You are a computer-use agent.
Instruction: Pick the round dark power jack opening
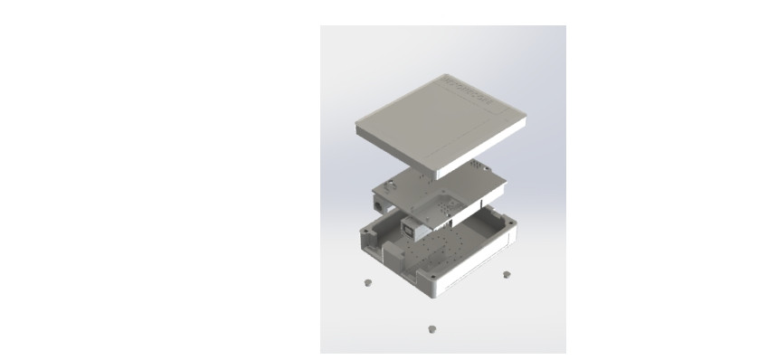coord(377,205)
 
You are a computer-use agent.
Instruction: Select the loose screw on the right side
coord(507,273)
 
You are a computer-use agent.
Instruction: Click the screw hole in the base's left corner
coord(365,232)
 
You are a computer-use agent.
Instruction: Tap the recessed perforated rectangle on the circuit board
coord(449,210)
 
